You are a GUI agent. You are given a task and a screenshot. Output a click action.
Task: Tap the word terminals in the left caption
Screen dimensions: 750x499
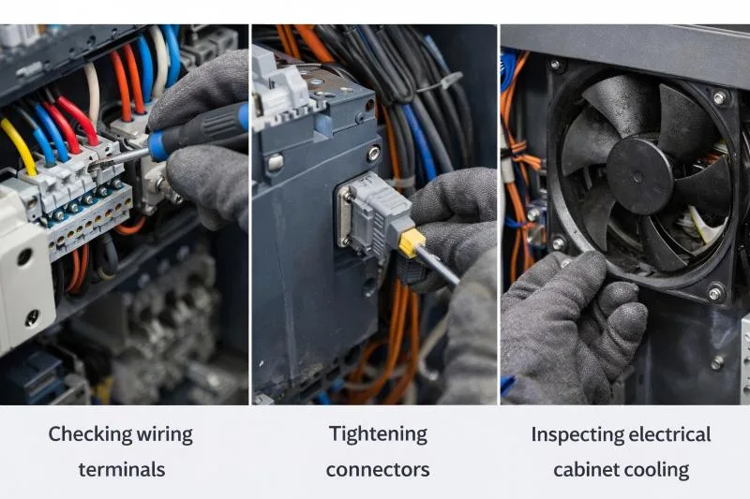pyautogui.click(x=122, y=470)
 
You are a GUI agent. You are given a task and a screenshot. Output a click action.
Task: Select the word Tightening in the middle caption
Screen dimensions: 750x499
pyautogui.click(x=378, y=435)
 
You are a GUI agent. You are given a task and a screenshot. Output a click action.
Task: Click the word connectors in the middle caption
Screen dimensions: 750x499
pyautogui.click(x=378, y=470)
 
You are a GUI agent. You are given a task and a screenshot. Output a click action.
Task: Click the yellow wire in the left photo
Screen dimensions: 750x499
pyautogui.click(x=19, y=146)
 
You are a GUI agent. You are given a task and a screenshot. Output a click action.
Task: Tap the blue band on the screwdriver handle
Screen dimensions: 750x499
pyautogui.click(x=157, y=146)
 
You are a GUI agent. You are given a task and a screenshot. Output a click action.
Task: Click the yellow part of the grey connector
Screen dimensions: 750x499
pyautogui.click(x=412, y=242)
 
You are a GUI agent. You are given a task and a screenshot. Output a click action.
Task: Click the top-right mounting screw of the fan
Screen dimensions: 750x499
pyautogui.click(x=719, y=98)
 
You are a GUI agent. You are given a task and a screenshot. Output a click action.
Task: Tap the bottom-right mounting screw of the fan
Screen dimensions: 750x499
pyautogui.click(x=714, y=292)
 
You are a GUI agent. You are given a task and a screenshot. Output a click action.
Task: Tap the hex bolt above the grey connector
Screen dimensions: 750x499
pyautogui.click(x=373, y=154)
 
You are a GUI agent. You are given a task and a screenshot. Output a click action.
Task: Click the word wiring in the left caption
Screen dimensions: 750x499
pyautogui.click(x=165, y=435)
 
